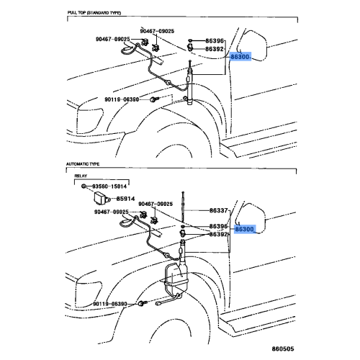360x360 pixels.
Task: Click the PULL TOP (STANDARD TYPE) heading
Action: coord(94,13)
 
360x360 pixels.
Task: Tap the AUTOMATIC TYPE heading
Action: coord(83,164)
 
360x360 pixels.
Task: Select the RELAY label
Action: coord(81,176)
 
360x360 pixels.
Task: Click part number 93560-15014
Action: coord(109,186)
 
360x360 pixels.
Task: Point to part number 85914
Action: coord(125,199)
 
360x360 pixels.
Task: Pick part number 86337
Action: coord(218,210)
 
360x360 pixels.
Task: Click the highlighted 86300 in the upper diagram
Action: coord(240,57)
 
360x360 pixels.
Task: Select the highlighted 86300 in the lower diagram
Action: coord(245,229)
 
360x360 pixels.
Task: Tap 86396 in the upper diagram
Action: coord(215,41)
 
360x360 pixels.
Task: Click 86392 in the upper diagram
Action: coord(215,49)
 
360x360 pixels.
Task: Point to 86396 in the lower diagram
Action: coord(218,226)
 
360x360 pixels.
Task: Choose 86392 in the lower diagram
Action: coord(218,234)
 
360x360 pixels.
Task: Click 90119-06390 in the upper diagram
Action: coord(122,99)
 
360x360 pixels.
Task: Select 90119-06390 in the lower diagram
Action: coord(110,304)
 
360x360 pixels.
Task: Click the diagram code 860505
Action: coord(283,348)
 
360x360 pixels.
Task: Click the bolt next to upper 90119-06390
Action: coord(153,99)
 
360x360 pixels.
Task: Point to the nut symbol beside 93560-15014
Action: coord(84,186)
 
